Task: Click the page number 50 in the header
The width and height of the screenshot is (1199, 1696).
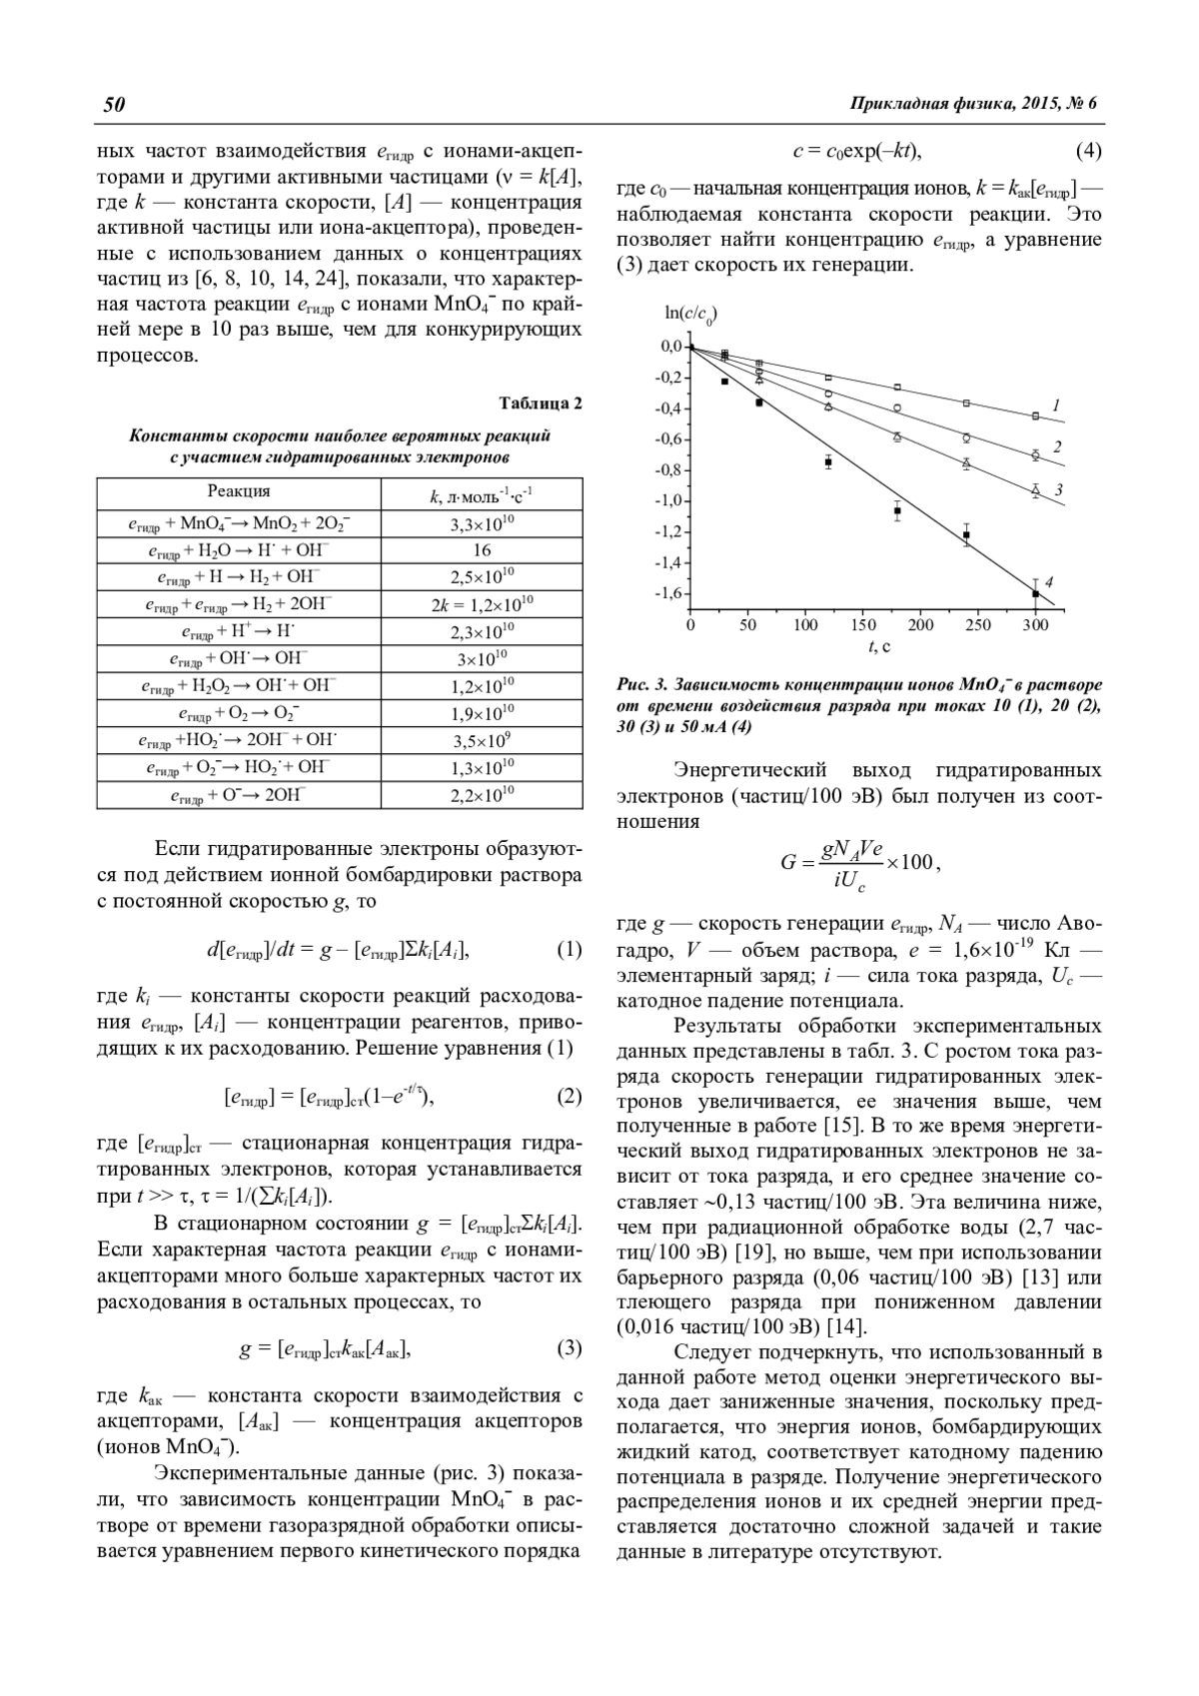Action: [111, 105]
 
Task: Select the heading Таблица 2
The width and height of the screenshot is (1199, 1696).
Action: [541, 404]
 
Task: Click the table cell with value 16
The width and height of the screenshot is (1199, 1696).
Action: [482, 549]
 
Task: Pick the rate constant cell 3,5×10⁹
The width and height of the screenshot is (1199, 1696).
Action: [482, 741]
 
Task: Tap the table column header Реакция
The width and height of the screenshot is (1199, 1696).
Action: [239, 491]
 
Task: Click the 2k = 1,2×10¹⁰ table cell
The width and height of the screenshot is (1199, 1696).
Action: [482, 603]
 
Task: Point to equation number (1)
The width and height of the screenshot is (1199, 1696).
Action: [569, 949]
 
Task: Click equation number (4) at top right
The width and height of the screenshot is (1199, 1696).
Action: [1088, 152]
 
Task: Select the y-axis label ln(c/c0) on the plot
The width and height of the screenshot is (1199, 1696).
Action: [690, 315]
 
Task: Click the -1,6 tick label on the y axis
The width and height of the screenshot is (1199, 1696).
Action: [666, 593]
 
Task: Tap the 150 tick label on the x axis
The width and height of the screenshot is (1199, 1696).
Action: [863, 625]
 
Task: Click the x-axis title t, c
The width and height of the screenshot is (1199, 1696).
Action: [879, 647]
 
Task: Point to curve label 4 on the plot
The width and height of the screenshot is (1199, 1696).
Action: [1049, 582]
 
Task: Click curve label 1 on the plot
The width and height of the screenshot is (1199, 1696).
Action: [1056, 405]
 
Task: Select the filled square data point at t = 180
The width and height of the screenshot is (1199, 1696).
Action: [897, 511]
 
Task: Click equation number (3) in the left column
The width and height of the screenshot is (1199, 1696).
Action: [569, 1348]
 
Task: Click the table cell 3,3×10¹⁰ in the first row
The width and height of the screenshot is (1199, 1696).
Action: [482, 522]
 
